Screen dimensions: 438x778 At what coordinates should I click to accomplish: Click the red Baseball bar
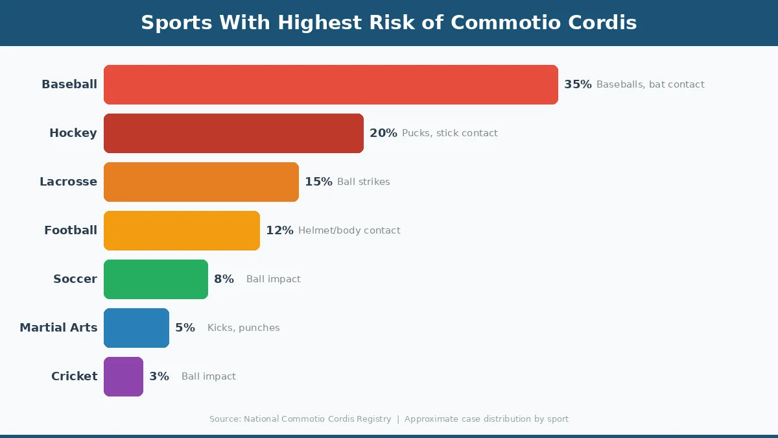331,84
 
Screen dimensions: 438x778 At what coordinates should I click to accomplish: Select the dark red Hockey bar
233,133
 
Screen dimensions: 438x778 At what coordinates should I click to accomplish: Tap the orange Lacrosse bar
201,182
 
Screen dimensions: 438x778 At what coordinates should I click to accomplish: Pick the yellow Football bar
182,230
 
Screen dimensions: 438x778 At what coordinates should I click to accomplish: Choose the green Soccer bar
156,279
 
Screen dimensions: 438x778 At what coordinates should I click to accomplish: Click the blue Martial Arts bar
136,328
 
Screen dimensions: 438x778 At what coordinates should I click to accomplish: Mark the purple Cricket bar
123,376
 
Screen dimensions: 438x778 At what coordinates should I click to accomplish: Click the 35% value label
578,84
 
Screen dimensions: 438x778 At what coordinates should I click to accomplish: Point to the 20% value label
383,133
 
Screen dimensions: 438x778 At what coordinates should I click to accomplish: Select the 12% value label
279,230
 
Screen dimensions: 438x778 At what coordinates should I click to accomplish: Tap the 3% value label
159,376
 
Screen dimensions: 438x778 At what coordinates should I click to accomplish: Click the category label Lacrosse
68,182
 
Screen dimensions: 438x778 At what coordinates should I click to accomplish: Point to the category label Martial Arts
58,328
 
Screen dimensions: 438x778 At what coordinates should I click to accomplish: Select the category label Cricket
74,376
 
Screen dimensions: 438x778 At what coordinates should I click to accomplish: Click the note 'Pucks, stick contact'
450,133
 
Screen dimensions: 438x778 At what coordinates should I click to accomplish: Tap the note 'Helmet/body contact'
349,230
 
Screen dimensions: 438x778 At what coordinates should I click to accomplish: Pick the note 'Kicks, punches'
243,328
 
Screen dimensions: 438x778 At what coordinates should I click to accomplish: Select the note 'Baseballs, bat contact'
650,84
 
